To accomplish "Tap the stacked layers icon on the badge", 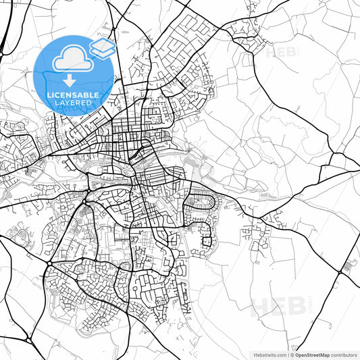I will pos(102,47).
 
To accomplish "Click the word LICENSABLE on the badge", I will pos(73,95).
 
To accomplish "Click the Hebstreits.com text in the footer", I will pos(268,355).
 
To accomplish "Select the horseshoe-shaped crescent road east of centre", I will pos(203,201).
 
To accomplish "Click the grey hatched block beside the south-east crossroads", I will pos(350,265).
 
